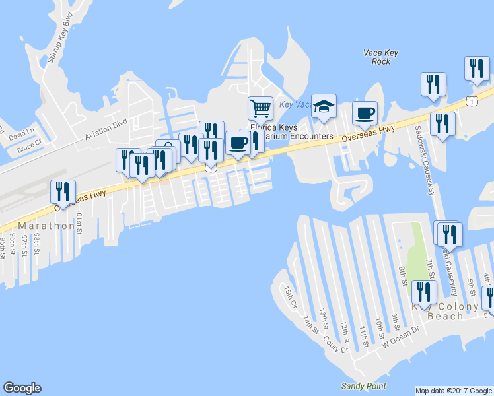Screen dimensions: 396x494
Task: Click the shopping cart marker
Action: pyautogui.click(x=261, y=108)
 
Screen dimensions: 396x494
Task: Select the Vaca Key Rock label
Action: pyautogui.click(x=377, y=57)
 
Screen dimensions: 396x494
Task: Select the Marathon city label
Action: pyautogui.click(x=46, y=226)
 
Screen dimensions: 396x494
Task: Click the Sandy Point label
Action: pyautogui.click(x=363, y=386)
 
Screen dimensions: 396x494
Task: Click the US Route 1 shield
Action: pyautogui.click(x=471, y=100)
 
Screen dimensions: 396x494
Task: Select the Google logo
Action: pyautogui.click(x=22, y=388)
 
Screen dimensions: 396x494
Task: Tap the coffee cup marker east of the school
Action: pyautogui.click(x=365, y=112)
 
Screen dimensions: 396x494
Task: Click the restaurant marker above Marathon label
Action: pyautogui.click(x=63, y=191)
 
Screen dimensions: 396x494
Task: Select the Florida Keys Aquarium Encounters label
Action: pyautogui.click(x=291, y=132)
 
